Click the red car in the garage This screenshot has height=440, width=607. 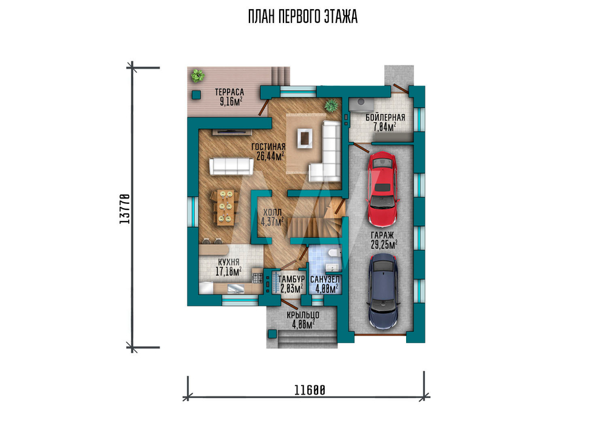click(x=383, y=189)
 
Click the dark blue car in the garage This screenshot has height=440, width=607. click(x=383, y=292)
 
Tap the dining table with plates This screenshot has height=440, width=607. click(x=225, y=207)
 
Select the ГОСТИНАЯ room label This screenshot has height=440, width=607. click(x=268, y=147)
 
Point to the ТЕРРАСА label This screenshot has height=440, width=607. click(x=229, y=92)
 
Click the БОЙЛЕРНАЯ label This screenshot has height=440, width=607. click(x=385, y=117)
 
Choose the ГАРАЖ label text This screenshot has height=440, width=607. click(x=382, y=235)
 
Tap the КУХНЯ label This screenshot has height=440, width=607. click(x=228, y=262)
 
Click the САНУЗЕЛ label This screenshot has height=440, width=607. click(x=325, y=279)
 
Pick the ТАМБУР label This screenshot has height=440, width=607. click(x=291, y=279)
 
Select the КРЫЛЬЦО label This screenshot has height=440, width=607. click(x=303, y=315)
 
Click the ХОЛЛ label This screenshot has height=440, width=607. click(x=272, y=212)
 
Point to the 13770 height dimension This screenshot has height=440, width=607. click(x=124, y=209)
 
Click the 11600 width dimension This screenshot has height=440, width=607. click(x=310, y=390)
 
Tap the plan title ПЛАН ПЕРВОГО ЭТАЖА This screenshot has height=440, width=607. click(x=303, y=17)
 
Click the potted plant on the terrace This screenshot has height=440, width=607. click(x=197, y=75)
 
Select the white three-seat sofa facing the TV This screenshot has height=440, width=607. click(x=231, y=166)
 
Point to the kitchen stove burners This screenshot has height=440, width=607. click(x=257, y=277)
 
